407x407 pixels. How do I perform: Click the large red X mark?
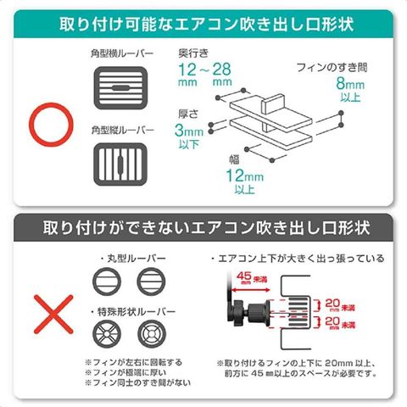(53, 315)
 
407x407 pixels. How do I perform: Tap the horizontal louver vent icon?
(120, 88)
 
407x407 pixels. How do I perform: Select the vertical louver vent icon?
(120, 164)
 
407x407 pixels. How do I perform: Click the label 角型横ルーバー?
(122, 53)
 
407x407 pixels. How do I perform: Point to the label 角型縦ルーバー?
(123, 130)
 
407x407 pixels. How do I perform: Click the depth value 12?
(187, 70)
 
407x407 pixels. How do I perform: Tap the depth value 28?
(221, 70)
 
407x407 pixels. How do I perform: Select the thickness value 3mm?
(189, 131)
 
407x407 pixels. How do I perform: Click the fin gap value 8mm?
(350, 84)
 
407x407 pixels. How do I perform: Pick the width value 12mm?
(245, 176)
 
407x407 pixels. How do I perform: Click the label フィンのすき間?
(332, 68)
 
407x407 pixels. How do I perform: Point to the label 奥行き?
(193, 53)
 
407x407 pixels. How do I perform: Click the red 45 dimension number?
(244, 276)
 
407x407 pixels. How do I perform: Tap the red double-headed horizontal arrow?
(251, 290)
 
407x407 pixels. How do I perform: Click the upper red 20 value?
(332, 304)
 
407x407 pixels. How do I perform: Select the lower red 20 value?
(332, 321)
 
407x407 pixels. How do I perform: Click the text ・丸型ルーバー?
(132, 259)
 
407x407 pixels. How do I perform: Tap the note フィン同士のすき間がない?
(137, 383)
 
